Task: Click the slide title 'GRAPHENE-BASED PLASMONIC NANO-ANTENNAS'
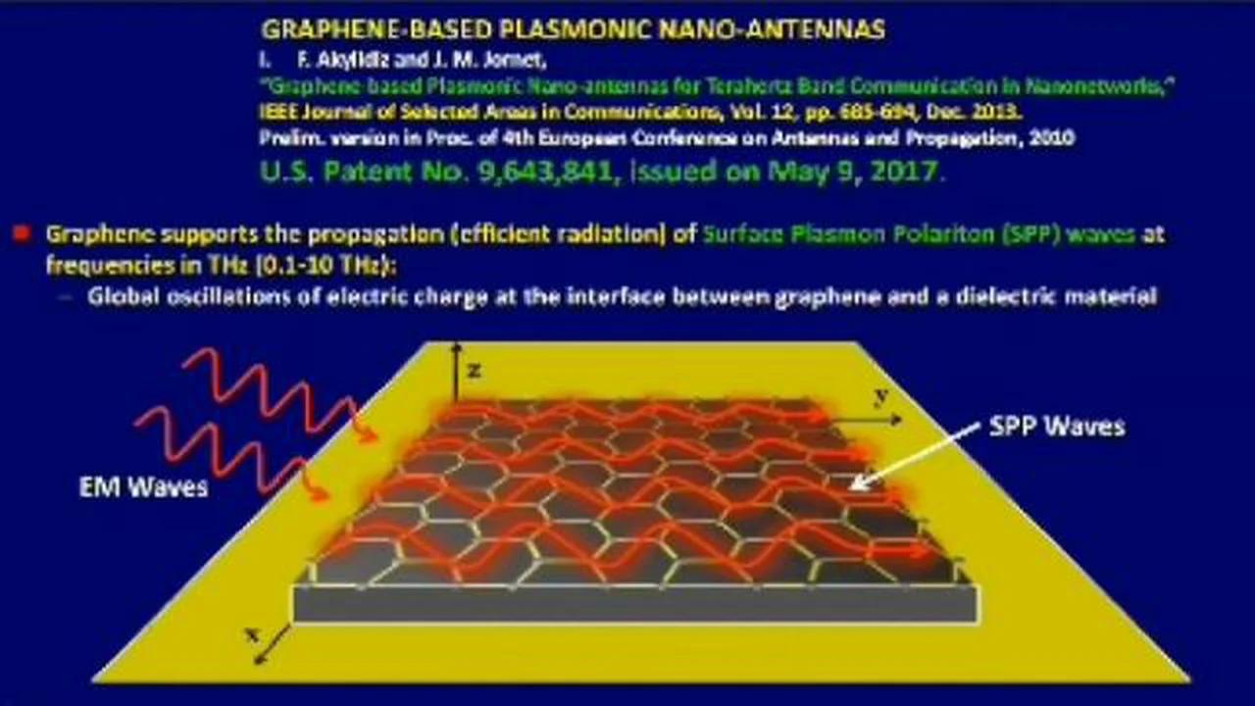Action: click(x=573, y=29)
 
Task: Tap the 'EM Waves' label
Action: click(x=143, y=487)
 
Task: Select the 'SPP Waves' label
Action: click(x=1055, y=427)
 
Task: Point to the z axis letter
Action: click(x=474, y=370)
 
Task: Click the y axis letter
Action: click(x=880, y=395)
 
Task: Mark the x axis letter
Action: click(x=252, y=634)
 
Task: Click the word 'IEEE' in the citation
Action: click(x=277, y=112)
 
